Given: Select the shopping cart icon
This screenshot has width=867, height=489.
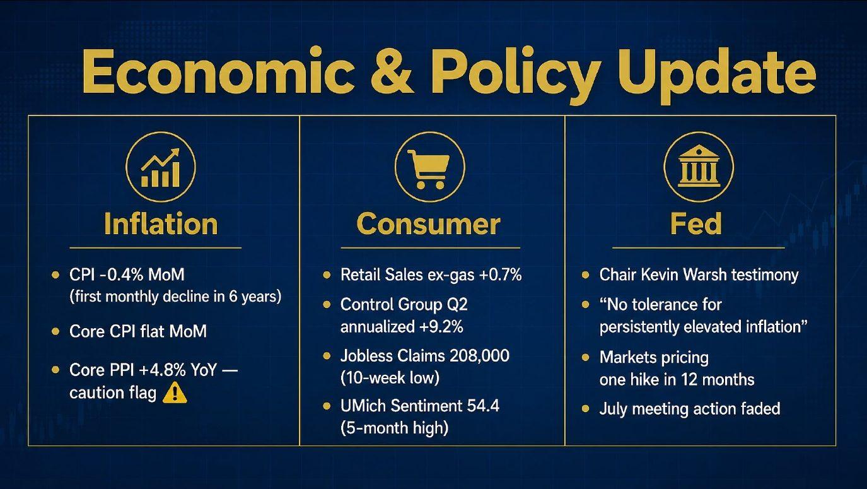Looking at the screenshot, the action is [x=429, y=168].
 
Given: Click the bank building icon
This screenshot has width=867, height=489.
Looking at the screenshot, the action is [x=699, y=166].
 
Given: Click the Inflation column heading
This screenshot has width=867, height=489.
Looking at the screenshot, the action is [x=161, y=224].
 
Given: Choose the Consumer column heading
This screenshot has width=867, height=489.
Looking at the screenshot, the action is [x=429, y=224].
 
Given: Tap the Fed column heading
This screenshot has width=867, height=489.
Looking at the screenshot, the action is [x=696, y=223].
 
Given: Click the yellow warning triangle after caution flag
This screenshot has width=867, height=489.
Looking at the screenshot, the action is [x=175, y=393].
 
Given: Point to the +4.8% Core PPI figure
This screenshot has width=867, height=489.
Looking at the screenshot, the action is [x=162, y=370].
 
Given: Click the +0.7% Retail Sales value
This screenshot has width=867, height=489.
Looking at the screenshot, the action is [x=501, y=274].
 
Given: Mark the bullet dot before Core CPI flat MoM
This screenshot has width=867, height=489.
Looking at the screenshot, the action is [x=55, y=331].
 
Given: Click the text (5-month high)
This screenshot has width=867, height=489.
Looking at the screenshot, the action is [x=395, y=428].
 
